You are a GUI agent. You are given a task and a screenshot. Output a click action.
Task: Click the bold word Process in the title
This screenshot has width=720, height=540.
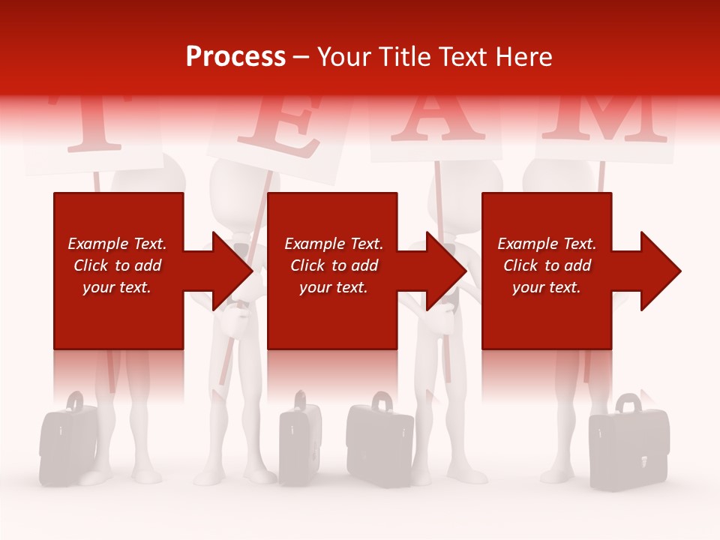click(235, 57)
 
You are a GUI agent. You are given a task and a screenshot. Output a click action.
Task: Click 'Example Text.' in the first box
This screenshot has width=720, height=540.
click(117, 244)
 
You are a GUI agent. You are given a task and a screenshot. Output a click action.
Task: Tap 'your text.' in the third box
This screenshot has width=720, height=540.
click(546, 287)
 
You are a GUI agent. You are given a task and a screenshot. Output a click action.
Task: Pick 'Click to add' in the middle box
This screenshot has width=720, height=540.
click(334, 265)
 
